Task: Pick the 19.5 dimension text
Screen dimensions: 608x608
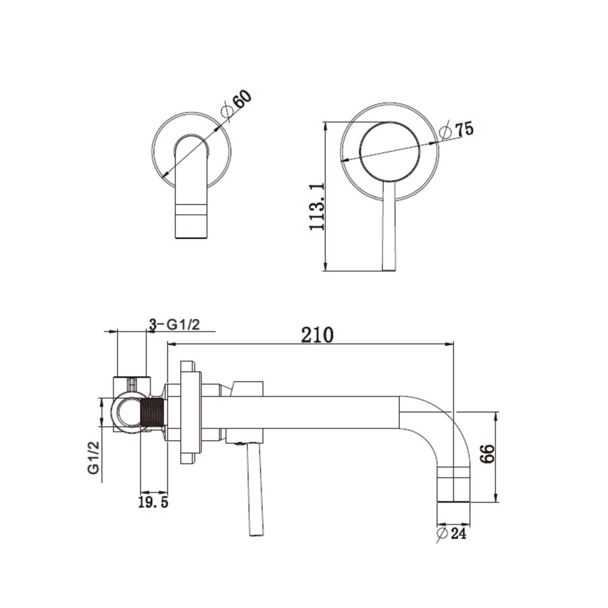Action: [153, 503]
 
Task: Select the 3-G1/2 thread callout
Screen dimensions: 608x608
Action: [174, 324]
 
